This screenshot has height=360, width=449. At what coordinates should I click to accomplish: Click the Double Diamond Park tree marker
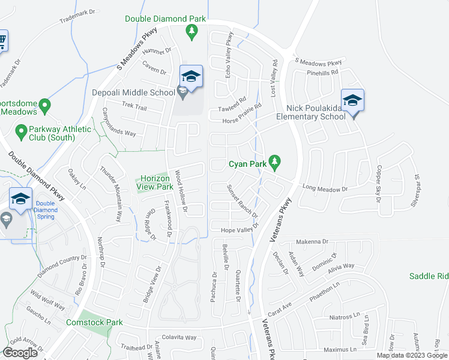(191, 32)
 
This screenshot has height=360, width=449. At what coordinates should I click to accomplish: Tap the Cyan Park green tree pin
(274, 161)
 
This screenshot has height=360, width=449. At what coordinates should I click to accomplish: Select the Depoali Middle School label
(133, 93)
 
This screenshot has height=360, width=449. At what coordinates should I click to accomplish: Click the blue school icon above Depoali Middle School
(191, 77)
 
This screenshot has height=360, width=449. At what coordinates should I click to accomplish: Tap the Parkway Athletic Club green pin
(21, 130)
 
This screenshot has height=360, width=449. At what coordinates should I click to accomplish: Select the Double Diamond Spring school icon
(20, 200)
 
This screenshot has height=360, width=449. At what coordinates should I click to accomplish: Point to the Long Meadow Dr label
(325, 189)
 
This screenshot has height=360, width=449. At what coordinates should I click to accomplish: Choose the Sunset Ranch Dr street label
(242, 201)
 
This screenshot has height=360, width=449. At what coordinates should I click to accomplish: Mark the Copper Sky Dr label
(379, 183)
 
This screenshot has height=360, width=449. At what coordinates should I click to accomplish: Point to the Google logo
(21, 353)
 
